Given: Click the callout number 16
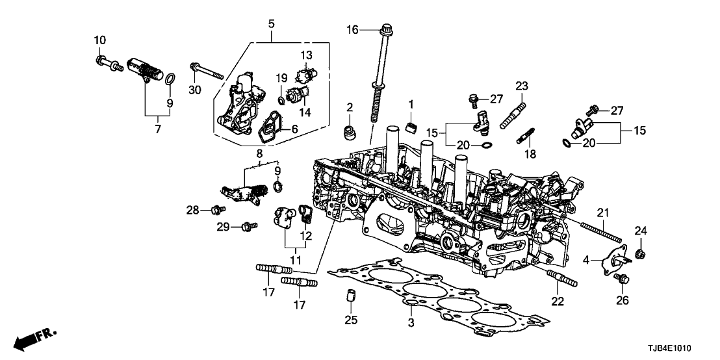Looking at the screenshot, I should tap(352, 29).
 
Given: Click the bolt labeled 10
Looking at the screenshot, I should tap(107, 63).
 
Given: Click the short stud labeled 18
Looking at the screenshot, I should tap(526, 138).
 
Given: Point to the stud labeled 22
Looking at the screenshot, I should tap(561, 279).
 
